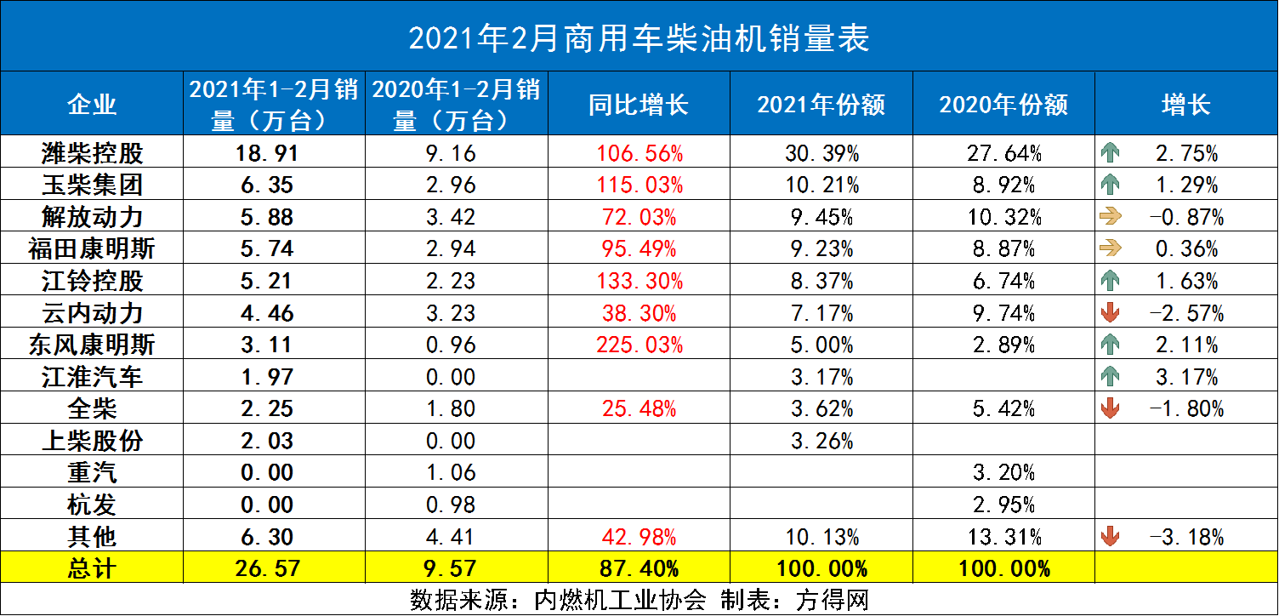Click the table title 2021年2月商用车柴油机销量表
tap(639, 38)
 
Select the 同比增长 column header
tap(639, 105)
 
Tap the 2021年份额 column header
tap(821, 105)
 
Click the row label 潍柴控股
tap(93, 153)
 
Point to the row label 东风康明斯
tap(93, 345)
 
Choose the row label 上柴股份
tap(93, 441)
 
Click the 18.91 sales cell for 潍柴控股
tap(274, 153)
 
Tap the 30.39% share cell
tap(821, 153)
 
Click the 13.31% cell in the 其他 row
tap(1003, 537)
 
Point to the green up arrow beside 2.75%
tap(1110, 153)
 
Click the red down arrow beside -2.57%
tap(1110, 313)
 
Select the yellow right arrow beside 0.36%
tap(1110, 248)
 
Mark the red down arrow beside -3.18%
tap(1110, 537)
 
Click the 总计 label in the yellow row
tap(93, 568)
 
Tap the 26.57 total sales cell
tap(274, 568)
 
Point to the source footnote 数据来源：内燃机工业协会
tap(558, 600)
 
